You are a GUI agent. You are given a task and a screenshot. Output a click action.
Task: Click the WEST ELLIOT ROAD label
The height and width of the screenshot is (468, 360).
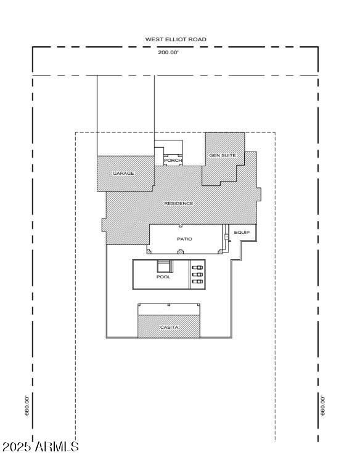tap(176, 39)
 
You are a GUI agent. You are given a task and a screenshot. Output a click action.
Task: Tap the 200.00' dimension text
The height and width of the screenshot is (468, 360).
tap(168, 52)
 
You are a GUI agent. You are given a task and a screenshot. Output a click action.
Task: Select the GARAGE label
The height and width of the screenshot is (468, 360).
tap(123, 174)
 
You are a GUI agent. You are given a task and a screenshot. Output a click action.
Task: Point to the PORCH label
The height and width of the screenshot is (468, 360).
tap(173, 160)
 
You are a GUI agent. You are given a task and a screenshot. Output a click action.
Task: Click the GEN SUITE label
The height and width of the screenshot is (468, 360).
tap(223, 155)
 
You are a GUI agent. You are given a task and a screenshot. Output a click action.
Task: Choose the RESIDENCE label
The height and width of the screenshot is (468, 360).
tap(178, 203)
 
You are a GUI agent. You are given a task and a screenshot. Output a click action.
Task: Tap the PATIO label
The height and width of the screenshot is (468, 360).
tap(184, 238)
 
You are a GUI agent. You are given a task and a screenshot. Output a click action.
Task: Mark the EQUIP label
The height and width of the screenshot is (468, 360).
tap(242, 233)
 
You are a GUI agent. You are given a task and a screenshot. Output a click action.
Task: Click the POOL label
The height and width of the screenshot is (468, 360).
tap(163, 277)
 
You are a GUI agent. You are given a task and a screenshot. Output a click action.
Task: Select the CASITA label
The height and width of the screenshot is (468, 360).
tap(169, 327)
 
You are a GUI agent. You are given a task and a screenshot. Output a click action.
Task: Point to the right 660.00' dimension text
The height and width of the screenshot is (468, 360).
tap(322, 405)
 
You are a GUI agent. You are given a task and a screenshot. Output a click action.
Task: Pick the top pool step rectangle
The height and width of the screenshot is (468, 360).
tap(197, 268)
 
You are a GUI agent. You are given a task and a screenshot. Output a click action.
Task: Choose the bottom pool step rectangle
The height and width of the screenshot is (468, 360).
tap(197, 281)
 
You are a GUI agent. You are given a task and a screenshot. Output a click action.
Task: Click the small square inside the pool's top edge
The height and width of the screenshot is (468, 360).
tap(163, 266)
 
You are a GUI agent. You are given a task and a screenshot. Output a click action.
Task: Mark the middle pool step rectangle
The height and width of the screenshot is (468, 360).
tap(197, 275)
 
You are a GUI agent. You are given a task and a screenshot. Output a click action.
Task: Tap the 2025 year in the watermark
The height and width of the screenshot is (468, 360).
tap(17, 446)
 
